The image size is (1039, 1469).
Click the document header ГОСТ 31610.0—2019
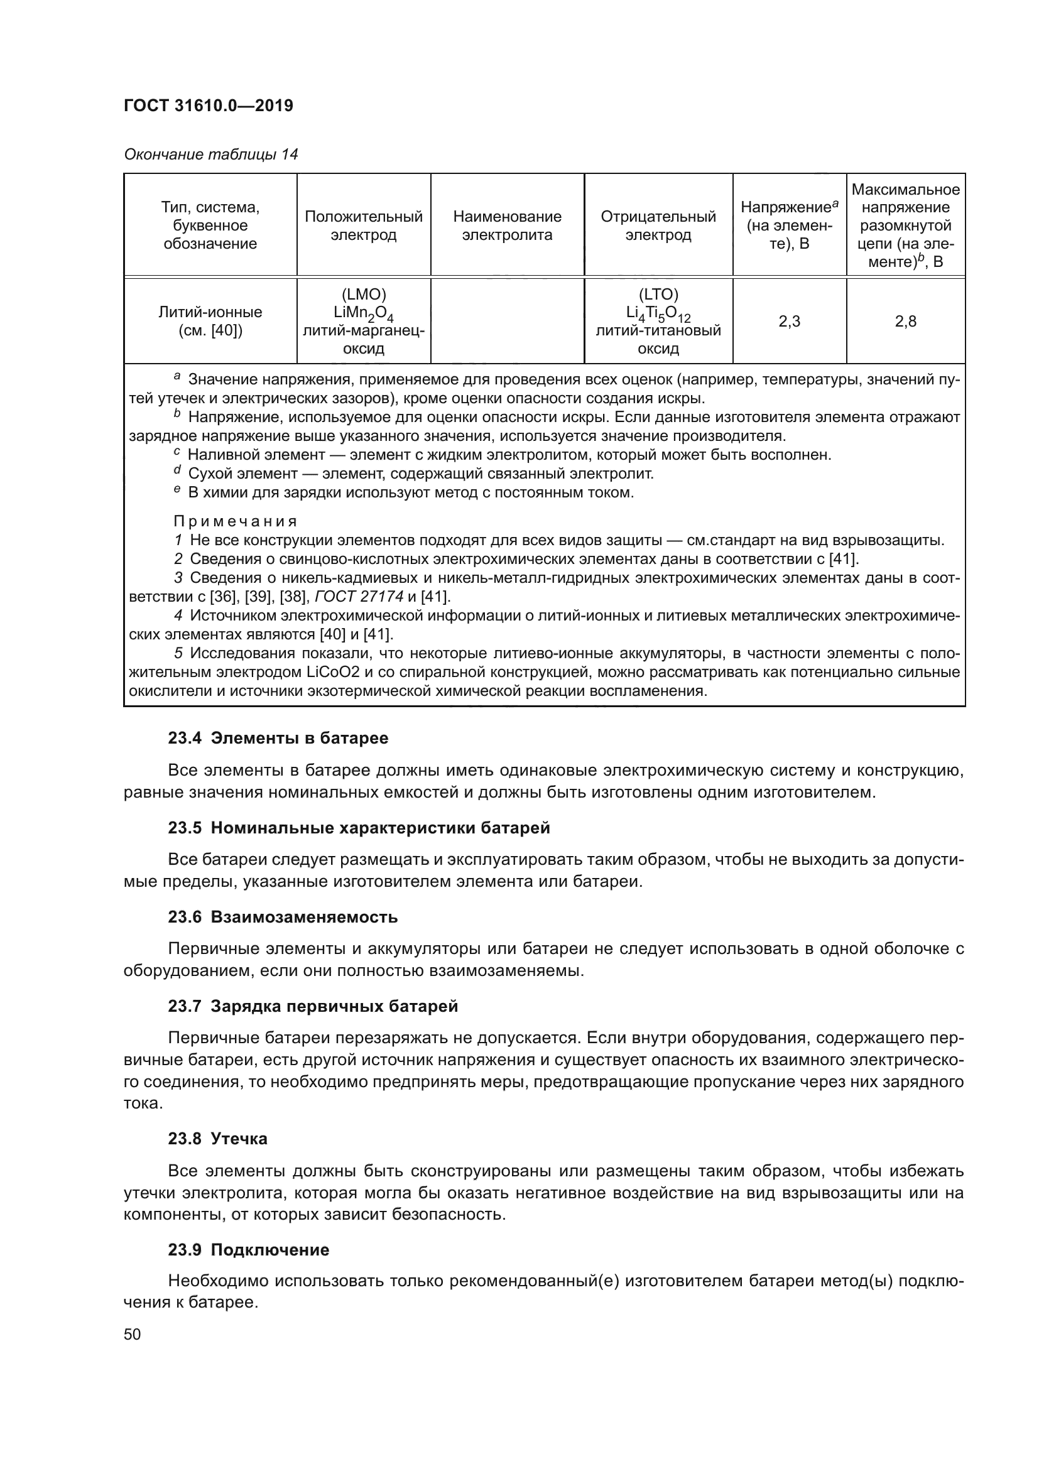(x=208, y=106)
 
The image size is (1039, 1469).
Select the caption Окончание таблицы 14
(x=210, y=154)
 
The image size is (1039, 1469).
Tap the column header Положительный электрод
(x=363, y=225)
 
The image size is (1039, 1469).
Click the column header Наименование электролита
(x=507, y=225)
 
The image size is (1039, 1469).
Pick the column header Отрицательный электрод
(x=658, y=225)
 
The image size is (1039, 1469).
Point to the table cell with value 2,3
(x=789, y=321)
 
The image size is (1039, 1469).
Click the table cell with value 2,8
(x=905, y=321)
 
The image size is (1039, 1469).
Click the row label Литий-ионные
(x=210, y=312)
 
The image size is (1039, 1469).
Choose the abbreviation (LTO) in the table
(x=658, y=295)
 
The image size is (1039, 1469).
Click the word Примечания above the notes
(x=236, y=521)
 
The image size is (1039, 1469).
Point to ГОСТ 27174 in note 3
(x=359, y=597)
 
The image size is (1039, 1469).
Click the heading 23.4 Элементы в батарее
(x=278, y=739)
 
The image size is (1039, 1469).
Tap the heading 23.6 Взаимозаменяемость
(x=282, y=917)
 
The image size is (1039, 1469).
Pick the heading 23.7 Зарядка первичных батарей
(x=313, y=1006)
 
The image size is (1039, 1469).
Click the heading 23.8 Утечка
(x=217, y=1139)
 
